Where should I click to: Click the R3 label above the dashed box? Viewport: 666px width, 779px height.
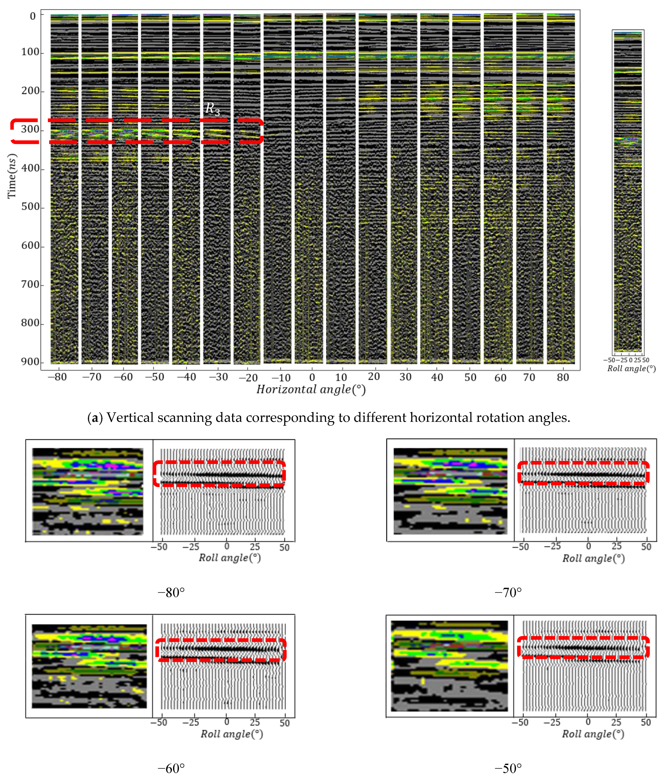[212, 109]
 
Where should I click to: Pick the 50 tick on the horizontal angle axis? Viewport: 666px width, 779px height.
[470, 377]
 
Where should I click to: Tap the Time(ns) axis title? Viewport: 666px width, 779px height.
[12, 176]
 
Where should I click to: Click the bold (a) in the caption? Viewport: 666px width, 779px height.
[95, 418]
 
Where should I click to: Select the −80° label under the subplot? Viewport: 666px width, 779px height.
[171, 593]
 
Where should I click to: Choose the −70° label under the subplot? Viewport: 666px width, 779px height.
[508, 593]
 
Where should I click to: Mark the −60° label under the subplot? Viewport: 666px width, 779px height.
[171, 768]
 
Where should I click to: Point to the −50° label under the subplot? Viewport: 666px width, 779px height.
[508, 768]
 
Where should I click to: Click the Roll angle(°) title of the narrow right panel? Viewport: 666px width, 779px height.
[632, 368]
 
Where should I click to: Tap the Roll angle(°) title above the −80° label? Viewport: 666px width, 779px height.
[230, 558]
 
